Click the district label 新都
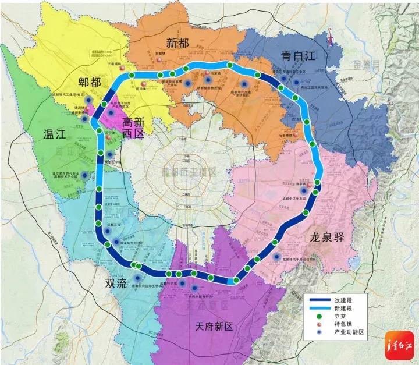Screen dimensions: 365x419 coord(177,42)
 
